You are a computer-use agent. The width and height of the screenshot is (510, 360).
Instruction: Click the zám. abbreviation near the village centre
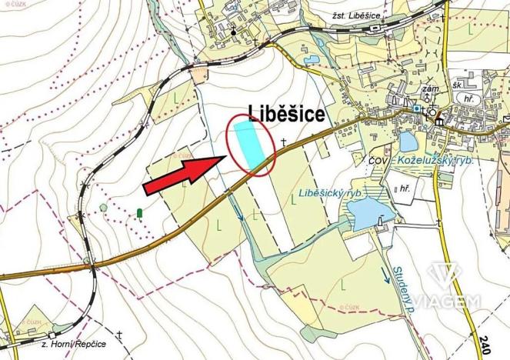pyautogui.click(x=432, y=89)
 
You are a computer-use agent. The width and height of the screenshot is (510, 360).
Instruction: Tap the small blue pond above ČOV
pyautogui.click(x=408, y=142)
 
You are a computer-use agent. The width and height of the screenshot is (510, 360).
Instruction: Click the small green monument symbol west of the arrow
pyautogui.click(x=139, y=212)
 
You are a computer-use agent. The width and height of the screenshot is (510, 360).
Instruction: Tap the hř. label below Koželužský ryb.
pyautogui.click(x=400, y=189)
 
